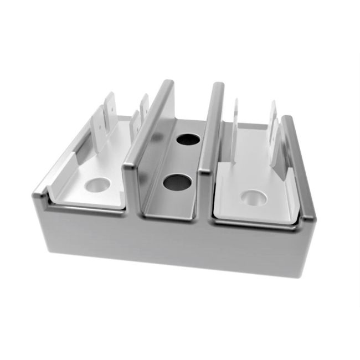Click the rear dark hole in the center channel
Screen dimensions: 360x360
click(x=188, y=139)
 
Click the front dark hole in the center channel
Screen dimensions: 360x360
click(x=177, y=182)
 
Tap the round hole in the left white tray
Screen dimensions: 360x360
click(x=97, y=184)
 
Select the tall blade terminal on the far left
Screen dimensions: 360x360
click(x=109, y=119)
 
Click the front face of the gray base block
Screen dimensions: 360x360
click(x=166, y=244)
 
